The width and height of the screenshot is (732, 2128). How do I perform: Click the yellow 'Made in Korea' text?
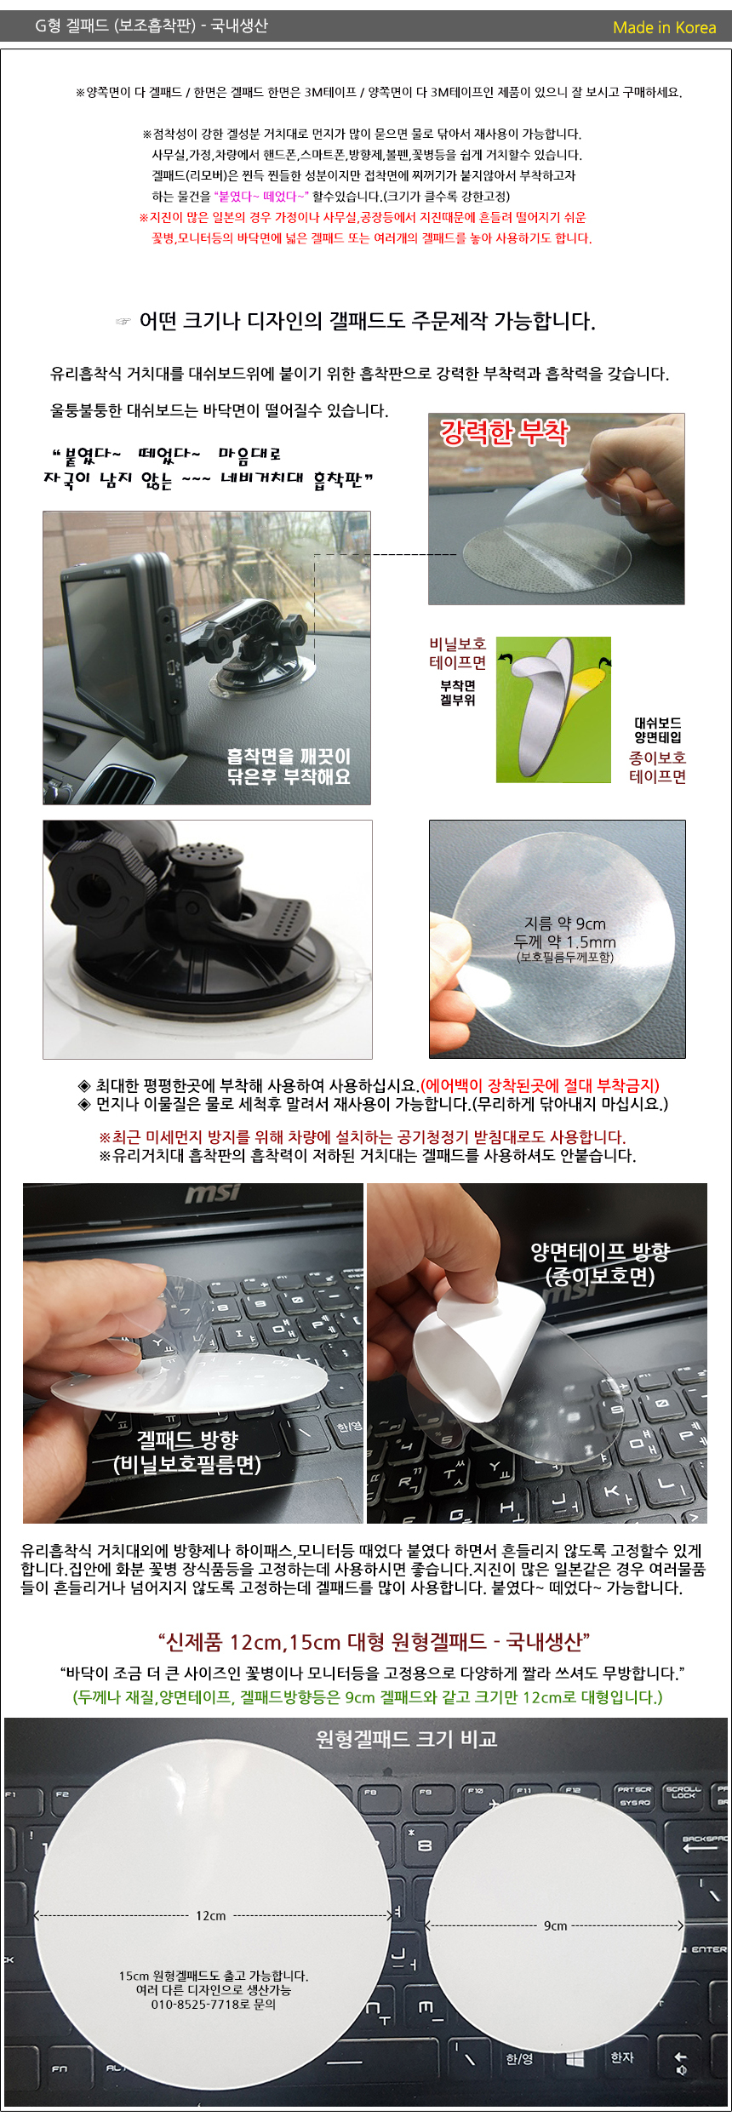[664, 27]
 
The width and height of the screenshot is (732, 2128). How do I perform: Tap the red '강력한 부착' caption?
[504, 432]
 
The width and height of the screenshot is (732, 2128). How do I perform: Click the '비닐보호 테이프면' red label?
[457, 654]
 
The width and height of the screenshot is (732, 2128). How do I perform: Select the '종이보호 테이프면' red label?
[657, 767]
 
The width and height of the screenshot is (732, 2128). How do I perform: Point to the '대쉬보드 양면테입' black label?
[657, 730]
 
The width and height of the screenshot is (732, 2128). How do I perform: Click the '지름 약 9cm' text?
[564, 924]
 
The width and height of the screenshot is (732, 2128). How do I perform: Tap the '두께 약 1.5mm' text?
[564, 941]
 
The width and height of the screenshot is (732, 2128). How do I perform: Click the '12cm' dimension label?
[211, 1916]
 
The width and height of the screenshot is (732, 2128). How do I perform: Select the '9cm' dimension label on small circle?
[555, 1925]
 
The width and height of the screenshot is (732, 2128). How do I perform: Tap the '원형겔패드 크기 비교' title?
[406, 1739]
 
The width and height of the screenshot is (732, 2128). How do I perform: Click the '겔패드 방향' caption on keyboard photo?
[187, 1439]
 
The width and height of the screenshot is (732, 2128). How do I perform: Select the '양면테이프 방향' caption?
[600, 1251]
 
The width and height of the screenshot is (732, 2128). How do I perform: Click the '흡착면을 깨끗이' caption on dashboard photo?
[289, 756]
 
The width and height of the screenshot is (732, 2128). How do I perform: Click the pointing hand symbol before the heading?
[123, 322]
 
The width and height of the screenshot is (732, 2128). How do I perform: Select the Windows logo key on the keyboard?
[575, 2057]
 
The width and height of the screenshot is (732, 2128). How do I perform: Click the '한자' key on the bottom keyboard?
[622, 2056]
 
